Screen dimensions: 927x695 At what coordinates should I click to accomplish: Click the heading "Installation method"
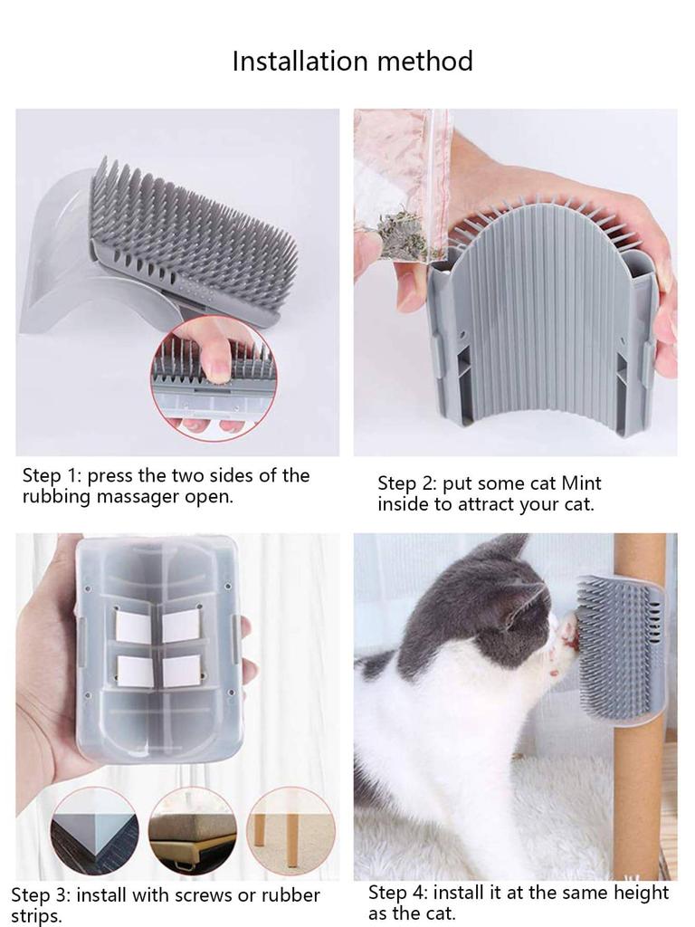(x=352, y=61)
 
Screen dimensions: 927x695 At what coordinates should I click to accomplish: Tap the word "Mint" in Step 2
(x=580, y=483)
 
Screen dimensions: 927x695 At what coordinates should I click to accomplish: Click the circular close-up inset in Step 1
(x=214, y=378)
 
